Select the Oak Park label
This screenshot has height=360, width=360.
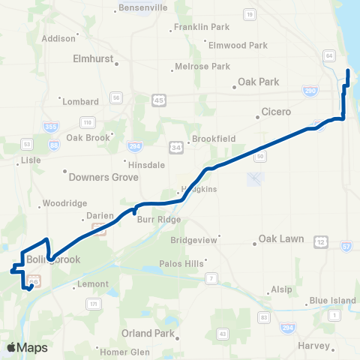tap(258, 82)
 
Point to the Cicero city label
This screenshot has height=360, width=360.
tap(280, 112)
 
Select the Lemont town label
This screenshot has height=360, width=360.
tap(94, 286)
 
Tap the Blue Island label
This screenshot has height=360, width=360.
tap(332, 301)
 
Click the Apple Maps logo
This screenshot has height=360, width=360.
tap(27, 347)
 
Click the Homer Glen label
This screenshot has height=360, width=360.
tap(125, 351)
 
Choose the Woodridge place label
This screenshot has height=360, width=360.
tap(65, 203)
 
